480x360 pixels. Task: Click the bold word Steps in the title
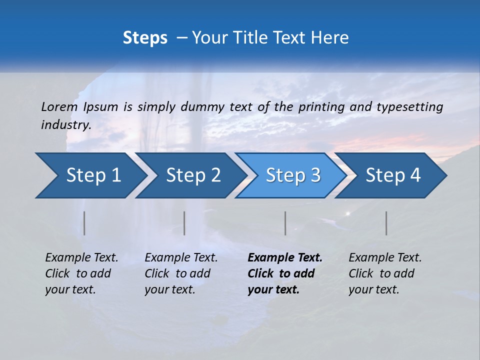tap(145, 38)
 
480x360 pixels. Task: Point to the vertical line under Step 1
tap(84, 223)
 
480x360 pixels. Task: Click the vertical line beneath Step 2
tap(184, 223)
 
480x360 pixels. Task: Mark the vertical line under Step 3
tap(285, 223)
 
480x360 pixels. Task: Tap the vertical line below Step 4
tap(386, 223)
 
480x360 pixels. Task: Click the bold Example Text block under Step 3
tap(285, 273)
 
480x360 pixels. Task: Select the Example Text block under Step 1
tap(81, 273)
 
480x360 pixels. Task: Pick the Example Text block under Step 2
tap(181, 273)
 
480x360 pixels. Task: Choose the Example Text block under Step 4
tap(385, 273)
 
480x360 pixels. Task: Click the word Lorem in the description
tap(59, 107)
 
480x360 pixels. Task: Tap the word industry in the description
tap(66, 125)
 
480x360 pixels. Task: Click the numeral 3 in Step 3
tap(314, 175)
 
